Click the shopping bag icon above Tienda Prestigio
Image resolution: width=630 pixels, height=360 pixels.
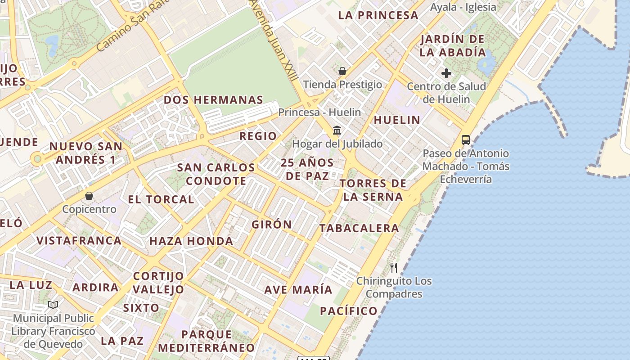342,71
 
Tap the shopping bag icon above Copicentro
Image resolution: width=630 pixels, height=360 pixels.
89,196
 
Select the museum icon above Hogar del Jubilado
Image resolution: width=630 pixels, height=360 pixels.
337,130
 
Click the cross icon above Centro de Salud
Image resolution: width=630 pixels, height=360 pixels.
446,73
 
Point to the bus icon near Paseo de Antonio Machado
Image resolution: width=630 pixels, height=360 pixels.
466,140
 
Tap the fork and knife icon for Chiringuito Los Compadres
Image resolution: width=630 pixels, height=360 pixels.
394,268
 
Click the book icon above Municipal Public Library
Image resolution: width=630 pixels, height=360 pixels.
53,305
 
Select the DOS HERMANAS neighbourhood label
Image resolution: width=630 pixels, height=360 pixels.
213,100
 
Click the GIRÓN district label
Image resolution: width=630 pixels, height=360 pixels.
272,224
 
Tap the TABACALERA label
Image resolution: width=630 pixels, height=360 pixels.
359,228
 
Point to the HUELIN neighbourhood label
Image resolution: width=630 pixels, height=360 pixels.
397,120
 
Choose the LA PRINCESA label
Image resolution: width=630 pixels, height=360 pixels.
378,15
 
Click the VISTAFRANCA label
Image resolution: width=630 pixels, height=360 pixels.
79,240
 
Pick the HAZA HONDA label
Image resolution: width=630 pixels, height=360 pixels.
191,241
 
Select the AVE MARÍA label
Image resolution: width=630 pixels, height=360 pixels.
298,289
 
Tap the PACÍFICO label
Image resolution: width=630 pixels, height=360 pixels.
349,310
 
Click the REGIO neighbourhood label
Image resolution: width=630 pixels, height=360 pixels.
258,136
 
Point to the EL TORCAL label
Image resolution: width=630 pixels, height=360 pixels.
161,199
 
